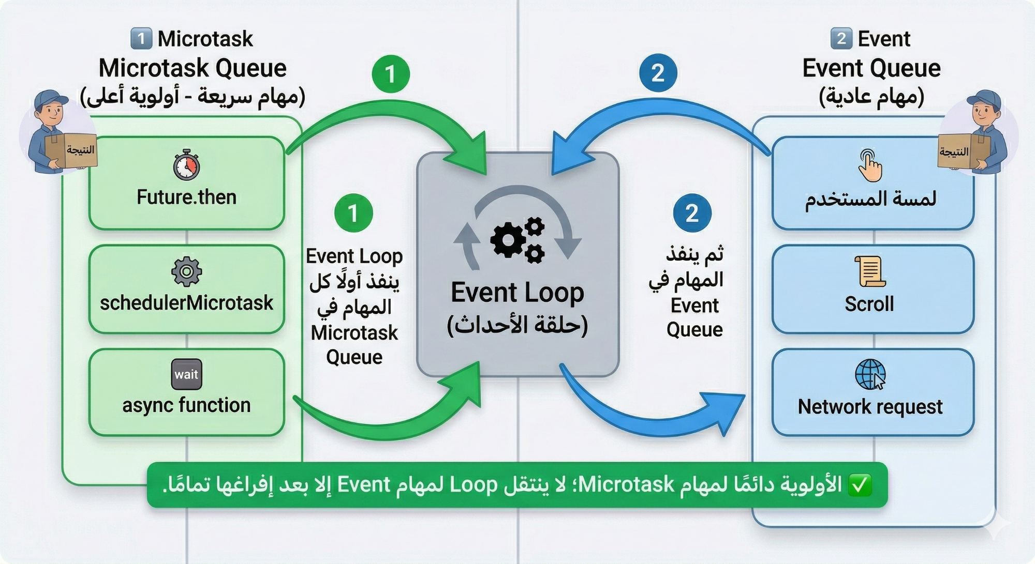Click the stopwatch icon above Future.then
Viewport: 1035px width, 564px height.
pyautogui.click(x=186, y=165)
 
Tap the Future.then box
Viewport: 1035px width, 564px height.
pyautogui.click(x=186, y=183)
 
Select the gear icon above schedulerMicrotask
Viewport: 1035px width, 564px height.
pyautogui.click(x=186, y=271)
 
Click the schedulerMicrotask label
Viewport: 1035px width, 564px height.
pyautogui.click(x=186, y=303)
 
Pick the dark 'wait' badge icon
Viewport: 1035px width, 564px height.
pyautogui.click(x=186, y=374)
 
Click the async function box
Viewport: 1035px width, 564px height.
pyautogui.click(x=186, y=392)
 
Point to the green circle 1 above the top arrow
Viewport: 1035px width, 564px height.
pyautogui.click(x=391, y=73)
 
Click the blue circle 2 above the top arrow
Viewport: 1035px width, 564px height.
pyautogui.click(x=658, y=73)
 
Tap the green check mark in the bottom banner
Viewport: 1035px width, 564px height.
pyautogui.click(x=860, y=485)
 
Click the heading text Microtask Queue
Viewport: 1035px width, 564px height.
pyautogui.click(x=193, y=68)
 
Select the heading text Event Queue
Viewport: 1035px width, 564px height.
pyautogui.click(x=871, y=68)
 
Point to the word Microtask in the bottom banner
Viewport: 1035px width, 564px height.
pyautogui.click(x=627, y=485)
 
